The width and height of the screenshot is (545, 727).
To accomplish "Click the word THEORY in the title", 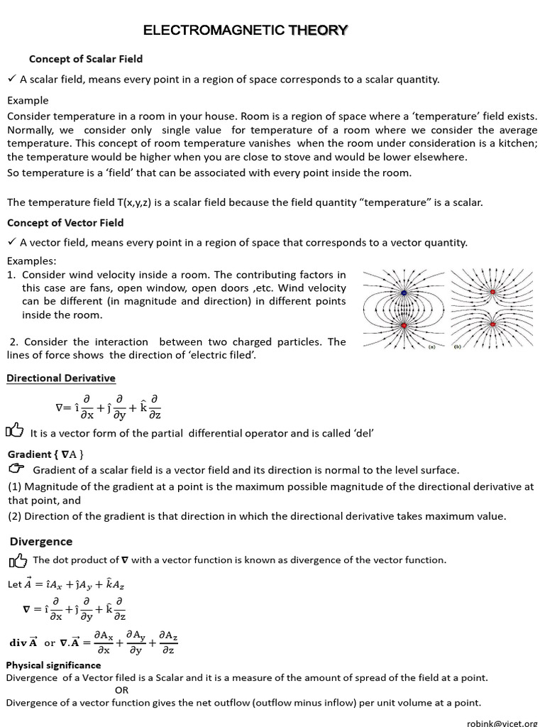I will point(318,30).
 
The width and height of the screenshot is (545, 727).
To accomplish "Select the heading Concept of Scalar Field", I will point(85,59).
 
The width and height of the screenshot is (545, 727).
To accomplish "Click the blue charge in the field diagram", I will point(404,292).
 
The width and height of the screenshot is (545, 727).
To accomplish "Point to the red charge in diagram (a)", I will point(404,326).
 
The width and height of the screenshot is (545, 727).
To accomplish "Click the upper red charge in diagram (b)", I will point(492,291).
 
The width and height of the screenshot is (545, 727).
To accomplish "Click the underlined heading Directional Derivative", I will point(61,378).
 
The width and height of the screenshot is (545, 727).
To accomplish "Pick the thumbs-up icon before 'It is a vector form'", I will point(15,430).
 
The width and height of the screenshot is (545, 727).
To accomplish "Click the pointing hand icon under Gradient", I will point(17,469).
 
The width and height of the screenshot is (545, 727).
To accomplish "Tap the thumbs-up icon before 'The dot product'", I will point(18,562).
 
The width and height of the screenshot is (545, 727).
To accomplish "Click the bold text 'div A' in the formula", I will point(23,643).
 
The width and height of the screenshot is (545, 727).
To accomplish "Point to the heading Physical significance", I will point(54,665).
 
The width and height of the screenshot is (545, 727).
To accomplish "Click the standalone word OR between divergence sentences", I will point(121,690).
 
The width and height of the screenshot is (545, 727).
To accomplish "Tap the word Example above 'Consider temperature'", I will point(28,100).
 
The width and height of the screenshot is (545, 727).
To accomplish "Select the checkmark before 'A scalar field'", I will point(11,79).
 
